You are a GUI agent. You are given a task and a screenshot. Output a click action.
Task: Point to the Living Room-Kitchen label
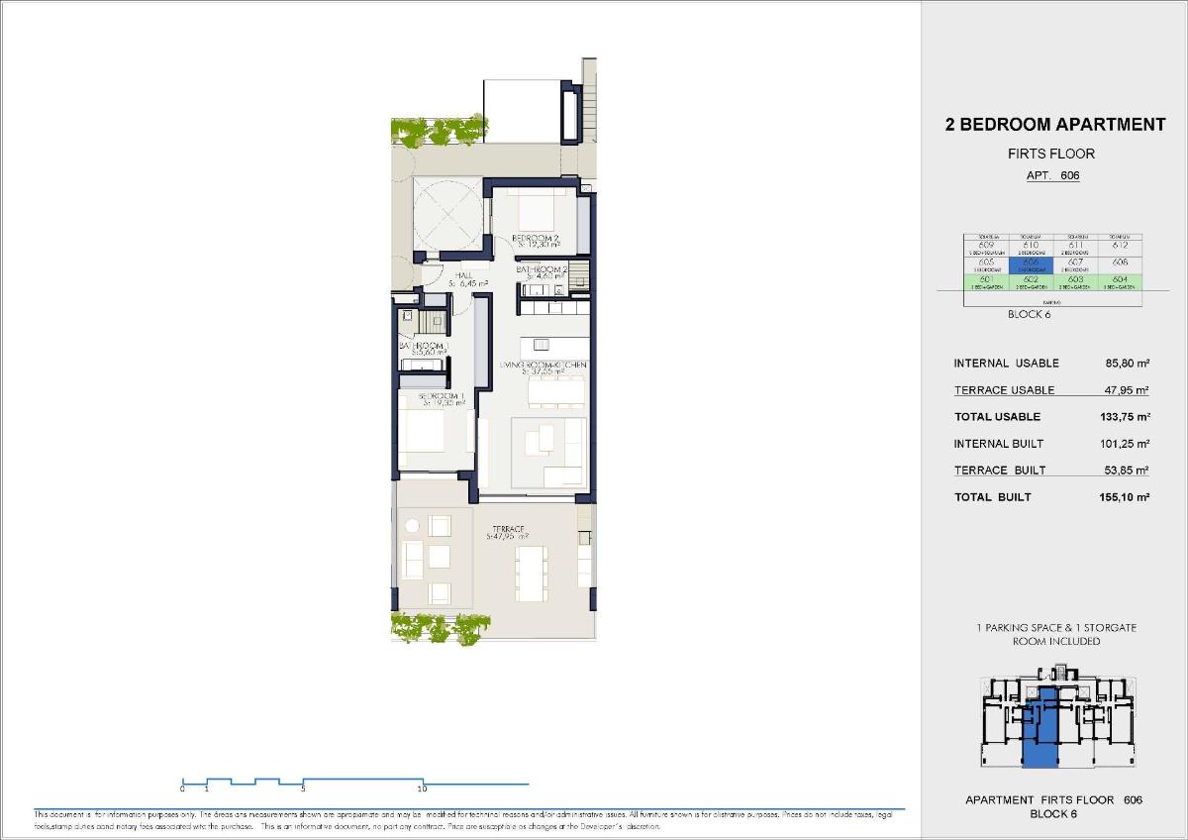543,366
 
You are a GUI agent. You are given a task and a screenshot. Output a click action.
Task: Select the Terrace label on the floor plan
506,530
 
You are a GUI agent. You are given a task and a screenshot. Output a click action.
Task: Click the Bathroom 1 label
424,347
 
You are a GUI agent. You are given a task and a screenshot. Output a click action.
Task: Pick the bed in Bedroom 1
429,433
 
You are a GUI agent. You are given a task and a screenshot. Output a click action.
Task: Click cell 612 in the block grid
1119,245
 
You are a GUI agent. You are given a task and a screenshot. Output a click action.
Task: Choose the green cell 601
986,281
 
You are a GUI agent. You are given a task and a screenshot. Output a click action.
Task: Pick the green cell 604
1119,281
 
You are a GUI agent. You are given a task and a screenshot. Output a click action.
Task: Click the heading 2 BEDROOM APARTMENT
1056,125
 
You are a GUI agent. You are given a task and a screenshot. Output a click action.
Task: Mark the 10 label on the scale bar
422,789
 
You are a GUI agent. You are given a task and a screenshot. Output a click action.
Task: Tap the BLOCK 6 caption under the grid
1028,315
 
